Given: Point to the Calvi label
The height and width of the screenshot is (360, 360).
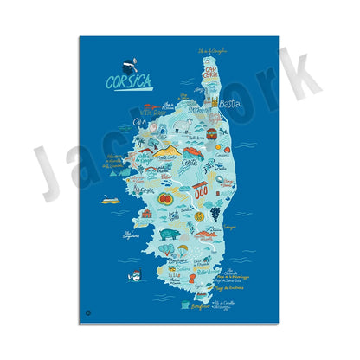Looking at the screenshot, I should [x=141, y=123].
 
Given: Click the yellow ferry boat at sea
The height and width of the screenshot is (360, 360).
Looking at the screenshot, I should [x=108, y=200].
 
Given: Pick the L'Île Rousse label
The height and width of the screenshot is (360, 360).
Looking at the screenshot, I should [x=157, y=112].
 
